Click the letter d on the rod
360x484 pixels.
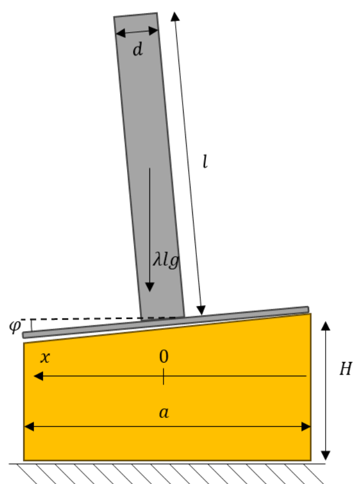[138, 49]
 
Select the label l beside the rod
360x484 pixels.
[205, 162]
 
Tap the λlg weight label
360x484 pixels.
[166, 260]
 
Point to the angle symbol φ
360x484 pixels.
[15, 326]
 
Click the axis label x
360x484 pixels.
[45, 357]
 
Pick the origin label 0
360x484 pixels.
[164, 356]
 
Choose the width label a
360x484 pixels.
[164, 412]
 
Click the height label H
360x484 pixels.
[346, 368]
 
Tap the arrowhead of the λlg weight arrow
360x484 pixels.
[149, 287]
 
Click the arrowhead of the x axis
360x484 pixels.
[38, 376]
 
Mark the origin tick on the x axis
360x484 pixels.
[164, 376]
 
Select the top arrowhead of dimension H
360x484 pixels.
[326, 326]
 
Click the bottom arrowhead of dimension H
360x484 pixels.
[326, 455]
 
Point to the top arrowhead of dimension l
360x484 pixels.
[175, 17]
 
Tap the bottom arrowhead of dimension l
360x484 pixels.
[201, 310]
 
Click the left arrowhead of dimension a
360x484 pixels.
[29, 427]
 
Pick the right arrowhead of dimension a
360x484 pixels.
[306, 427]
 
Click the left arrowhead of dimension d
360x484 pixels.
[120, 33]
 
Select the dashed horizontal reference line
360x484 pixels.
[102, 318]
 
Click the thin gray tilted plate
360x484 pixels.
[165, 322]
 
